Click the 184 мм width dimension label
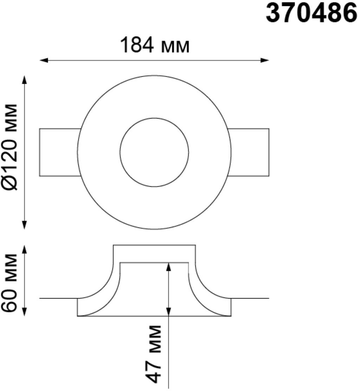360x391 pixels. (x=155, y=45)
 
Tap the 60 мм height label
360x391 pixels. (x=9, y=283)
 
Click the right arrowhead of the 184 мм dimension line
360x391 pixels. (x=265, y=60)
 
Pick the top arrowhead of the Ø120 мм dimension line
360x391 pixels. (x=24, y=80)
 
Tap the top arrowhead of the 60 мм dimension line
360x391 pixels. (x=24, y=250)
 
